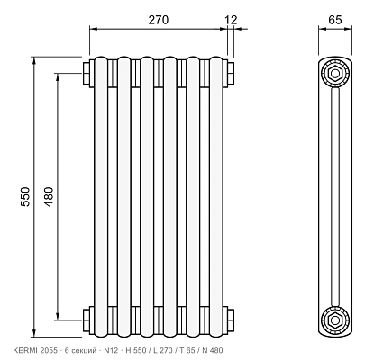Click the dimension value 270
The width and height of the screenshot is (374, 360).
[159, 20]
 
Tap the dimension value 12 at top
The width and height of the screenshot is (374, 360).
[231, 20]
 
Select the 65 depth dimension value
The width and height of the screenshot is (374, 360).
[335, 20]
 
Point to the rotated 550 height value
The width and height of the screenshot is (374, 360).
[25, 196]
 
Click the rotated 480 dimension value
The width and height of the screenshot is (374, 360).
[49, 196]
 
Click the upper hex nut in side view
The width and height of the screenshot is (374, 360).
[335, 73]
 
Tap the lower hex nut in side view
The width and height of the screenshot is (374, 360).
[335, 320]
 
